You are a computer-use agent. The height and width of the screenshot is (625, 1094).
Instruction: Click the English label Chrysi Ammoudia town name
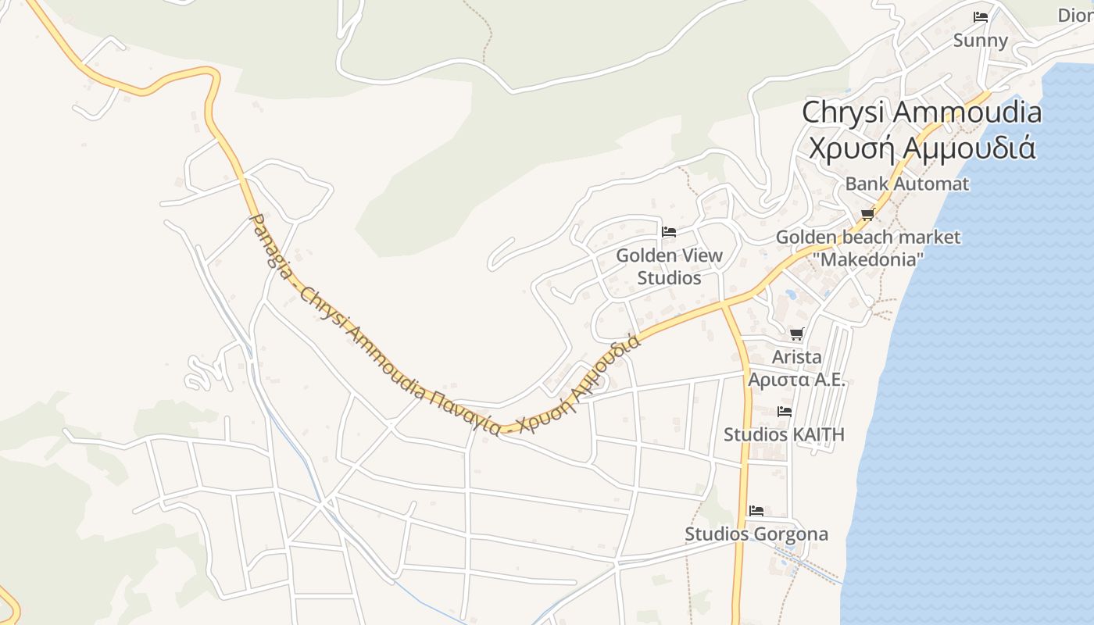921,112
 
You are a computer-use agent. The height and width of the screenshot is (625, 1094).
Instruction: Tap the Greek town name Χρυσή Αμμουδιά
921,148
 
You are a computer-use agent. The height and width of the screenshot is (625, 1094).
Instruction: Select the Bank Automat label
906,184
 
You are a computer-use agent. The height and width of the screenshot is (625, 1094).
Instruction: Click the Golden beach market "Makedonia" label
867,248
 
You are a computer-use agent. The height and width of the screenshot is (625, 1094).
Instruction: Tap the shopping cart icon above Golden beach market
867,214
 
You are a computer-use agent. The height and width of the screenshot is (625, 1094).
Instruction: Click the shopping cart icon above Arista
796,334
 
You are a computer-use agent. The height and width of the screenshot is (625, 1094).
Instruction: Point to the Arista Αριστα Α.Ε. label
796,368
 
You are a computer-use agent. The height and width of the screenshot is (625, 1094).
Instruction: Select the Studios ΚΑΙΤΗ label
784,434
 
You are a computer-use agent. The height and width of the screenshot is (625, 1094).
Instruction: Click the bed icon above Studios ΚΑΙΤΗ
785,411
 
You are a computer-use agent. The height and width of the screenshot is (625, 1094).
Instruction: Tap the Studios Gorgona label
756,534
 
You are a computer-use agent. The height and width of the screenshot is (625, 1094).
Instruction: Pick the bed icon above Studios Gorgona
756,511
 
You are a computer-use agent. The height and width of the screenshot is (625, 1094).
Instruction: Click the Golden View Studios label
669,266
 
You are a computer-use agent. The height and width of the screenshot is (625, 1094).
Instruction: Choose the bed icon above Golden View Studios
668,231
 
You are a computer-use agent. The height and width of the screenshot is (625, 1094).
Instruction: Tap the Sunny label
980,41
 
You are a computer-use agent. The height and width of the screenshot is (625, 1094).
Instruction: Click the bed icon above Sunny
980,16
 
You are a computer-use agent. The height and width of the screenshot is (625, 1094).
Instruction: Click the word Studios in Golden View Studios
669,278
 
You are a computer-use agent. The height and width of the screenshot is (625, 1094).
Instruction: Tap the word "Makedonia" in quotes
867,259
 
